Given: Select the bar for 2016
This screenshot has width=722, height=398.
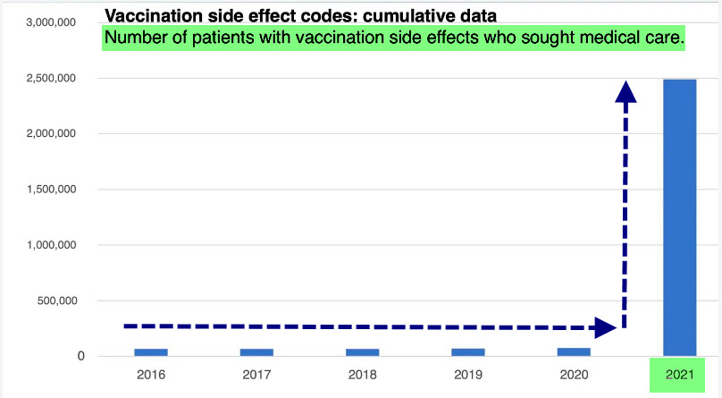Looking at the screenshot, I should pyautogui.click(x=151, y=351).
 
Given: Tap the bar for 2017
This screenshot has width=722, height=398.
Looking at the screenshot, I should pyautogui.click(x=256, y=351).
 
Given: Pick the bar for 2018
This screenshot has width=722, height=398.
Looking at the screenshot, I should pyautogui.click(x=362, y=351).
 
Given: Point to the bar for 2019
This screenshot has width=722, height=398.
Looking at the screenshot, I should pyautogui.click(x=467, y=351).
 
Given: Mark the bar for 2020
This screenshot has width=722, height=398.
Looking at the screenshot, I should pyautogui.click(x=574, y=351).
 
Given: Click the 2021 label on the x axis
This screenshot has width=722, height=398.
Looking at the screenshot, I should pyautogui.click(x=679, y=374).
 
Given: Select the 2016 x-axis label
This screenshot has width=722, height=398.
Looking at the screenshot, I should pyautogui.click(x=151, y=374).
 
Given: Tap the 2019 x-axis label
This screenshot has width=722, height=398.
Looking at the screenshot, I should pyautogui.click(x=467, y=374).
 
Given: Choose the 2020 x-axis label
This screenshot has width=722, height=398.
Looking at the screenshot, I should pyautogui.click(x=574, y=374).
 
